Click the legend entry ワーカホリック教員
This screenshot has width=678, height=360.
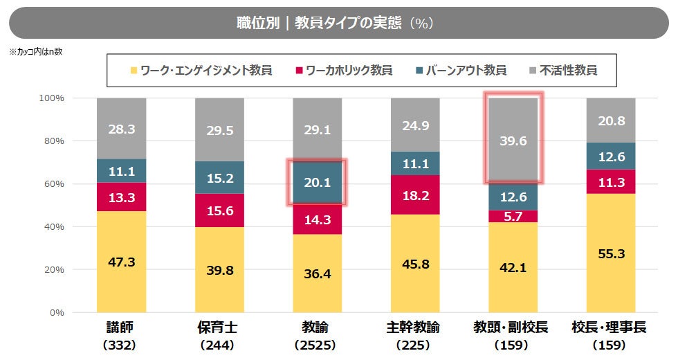point(344,70)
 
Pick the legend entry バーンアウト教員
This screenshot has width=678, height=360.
point(461,70)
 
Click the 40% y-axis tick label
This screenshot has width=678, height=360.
point(53,227)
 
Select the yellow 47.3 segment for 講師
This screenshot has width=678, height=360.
point(121,262)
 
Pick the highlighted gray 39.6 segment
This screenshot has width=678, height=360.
point(513,141)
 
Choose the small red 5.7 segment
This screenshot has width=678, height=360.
point(513,216)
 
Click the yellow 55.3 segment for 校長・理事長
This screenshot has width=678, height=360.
point(611,253)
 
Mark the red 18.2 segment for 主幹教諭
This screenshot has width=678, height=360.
point(415,195)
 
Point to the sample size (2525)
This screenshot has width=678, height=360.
point(317,344)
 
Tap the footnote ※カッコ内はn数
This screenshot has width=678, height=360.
point(36,52)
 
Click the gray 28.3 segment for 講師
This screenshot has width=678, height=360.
point(121,129)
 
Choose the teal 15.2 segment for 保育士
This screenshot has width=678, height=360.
point(219,178)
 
